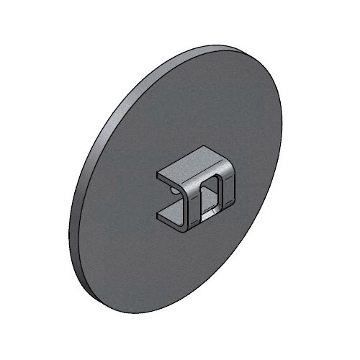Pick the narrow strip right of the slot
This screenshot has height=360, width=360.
click(225, 193)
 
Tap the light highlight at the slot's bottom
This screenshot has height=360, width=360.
click(209, 212)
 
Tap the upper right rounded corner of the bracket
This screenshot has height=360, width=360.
click(229, 169)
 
